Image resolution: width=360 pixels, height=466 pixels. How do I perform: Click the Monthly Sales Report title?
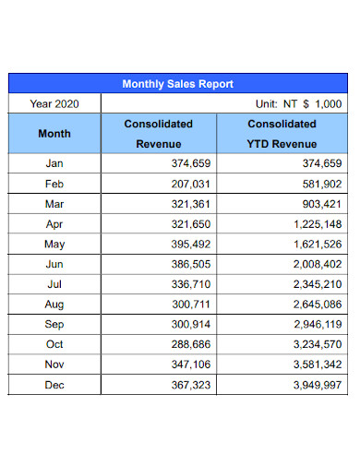[179, 84]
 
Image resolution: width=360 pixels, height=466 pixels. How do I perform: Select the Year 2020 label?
[54, 104]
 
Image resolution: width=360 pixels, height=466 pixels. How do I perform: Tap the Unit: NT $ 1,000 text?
[299, 104]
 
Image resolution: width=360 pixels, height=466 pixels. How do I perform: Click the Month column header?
[54, 134]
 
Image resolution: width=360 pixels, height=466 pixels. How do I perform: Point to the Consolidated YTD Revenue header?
[282, 134]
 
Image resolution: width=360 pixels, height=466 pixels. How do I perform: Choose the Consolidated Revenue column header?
[159, 134]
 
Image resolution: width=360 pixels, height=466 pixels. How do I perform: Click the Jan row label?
[54, 163]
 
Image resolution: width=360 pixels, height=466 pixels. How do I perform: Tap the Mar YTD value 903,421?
[318, 203]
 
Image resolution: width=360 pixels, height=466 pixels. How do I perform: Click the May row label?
[54, 244]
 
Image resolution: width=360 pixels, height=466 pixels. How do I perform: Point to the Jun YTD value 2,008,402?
[313, 264]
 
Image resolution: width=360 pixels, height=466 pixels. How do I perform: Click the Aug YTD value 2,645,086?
[313, 304]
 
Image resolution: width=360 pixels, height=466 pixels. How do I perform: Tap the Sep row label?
[54, 324]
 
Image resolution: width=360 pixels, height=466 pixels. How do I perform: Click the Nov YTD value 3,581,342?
[313, 364]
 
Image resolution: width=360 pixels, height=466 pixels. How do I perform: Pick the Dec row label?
[54, 385]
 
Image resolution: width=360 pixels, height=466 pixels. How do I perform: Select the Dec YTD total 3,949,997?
[313, 385]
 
